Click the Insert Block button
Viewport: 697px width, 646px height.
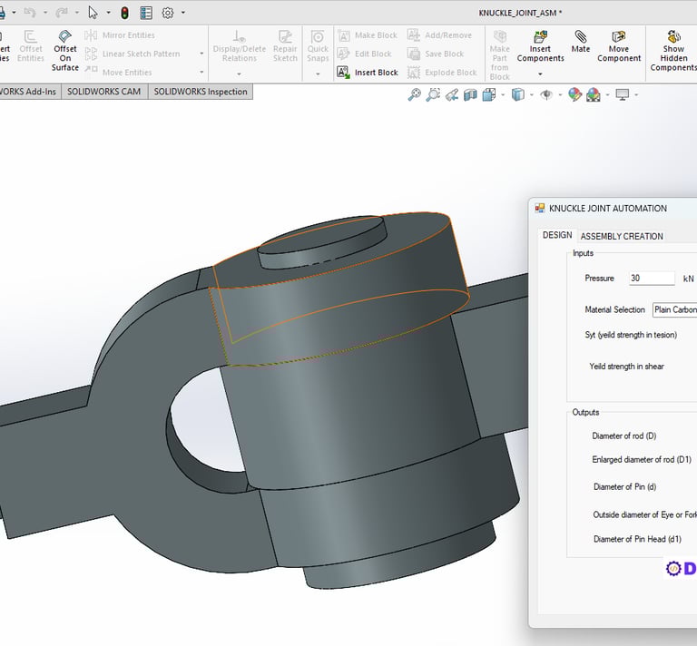pyautogui.click(x=368, y=73)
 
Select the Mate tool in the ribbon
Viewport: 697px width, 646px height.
pyautogui.click(x=581, y=44)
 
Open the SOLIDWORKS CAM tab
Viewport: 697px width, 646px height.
pyautogui.click(x=103, y=92)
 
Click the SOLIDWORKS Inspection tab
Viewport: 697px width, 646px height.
pyautogui.click(x=200, y=92)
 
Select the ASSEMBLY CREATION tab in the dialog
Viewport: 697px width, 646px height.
pyautogui.click(x=622, y=236)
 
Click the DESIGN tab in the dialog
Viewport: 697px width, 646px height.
pyautogui.click(x=557, y=235)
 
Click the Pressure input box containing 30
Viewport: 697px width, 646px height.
pyautogui.click(x=652, y=279)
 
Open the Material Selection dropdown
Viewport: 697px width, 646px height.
pyautogui.click(x=675, y=309)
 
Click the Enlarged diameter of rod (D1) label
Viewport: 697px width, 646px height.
pyautogui.click(x=642, y=460)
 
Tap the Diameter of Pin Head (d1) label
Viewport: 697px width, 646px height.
pyautogui.click(x=637, y=539)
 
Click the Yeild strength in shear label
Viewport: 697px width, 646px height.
pyautogui.click(x=626, y=367)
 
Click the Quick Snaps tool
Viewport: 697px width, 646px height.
pyautogui.click(x=318, y=48)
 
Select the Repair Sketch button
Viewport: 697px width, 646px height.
pyautogui.click(x=285, y=48)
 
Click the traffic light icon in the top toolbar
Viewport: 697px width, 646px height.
pyautogui.click(x=123, y=13)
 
